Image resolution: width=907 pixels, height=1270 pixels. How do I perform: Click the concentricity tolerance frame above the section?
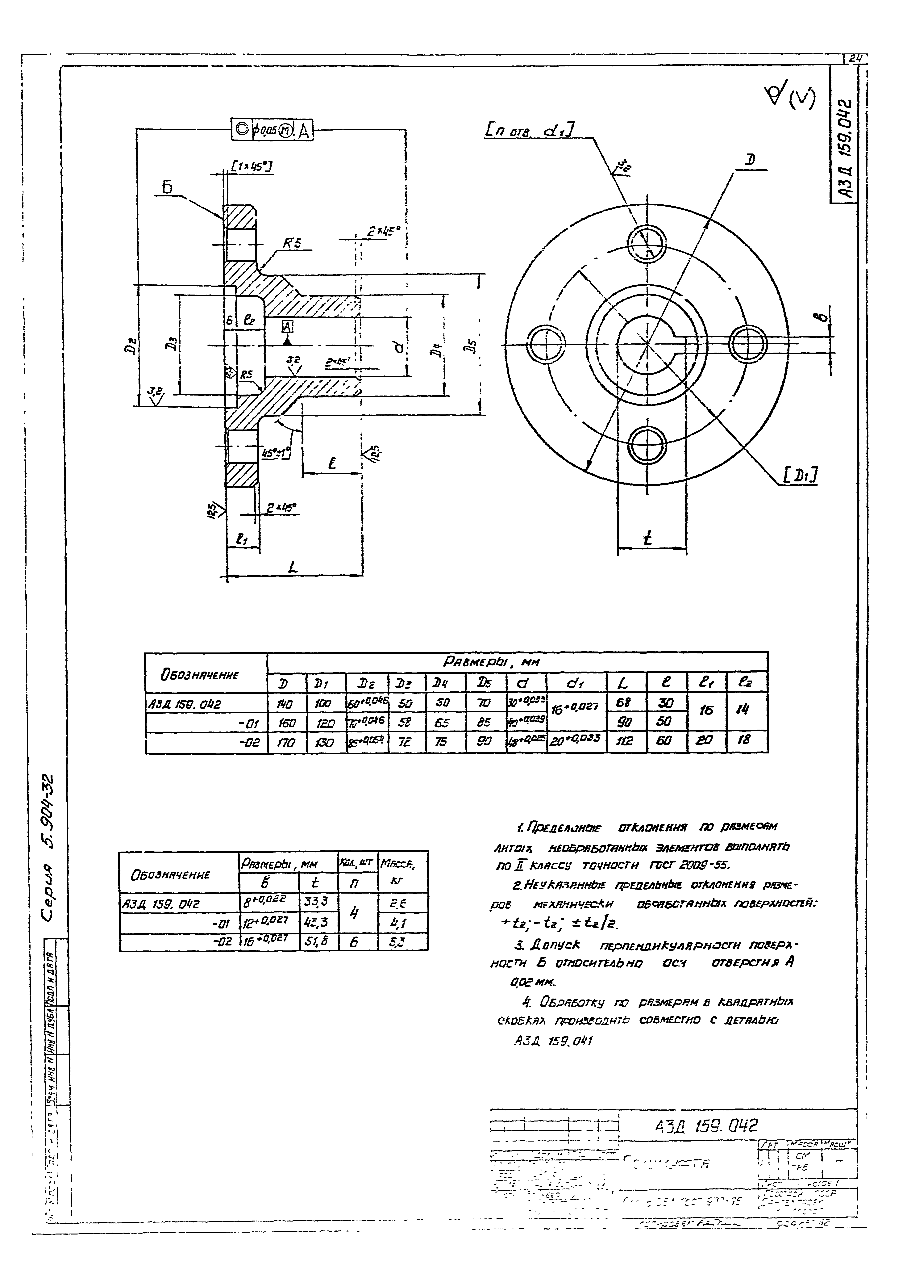click(273, 130)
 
